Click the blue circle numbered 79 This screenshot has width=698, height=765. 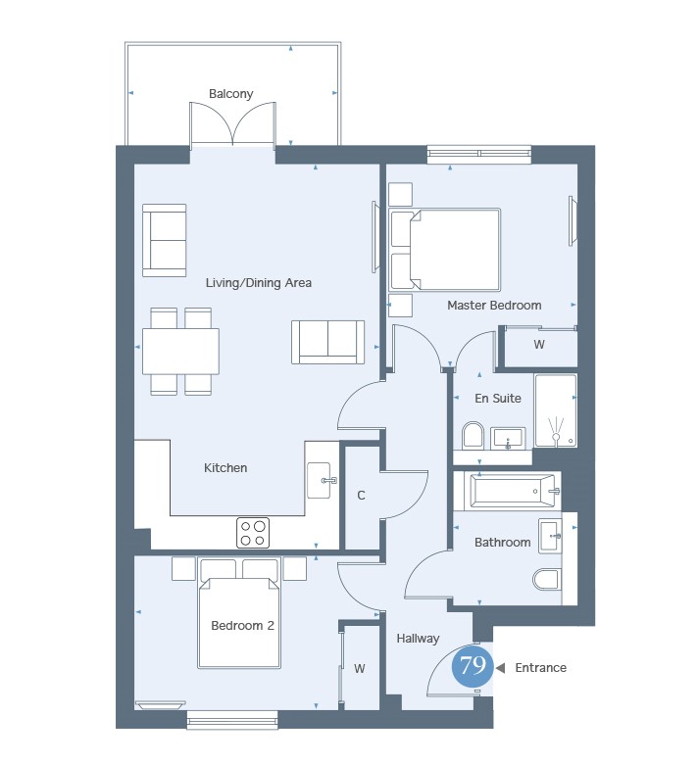[x=473, y=665]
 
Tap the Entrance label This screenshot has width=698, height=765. [x=540, y=667]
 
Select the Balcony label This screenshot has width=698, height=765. [x=230, y=94]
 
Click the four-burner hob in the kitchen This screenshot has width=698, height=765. [x=253, y=532]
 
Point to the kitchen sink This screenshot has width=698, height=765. [x=320, y=480]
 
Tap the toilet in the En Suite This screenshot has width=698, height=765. [x=473, y=434]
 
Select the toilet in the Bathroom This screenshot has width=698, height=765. [x=546, y=580]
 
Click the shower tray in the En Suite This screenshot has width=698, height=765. [x=556, y=410]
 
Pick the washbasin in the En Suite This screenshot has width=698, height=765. [x=508, y=438]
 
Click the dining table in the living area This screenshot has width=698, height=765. [x=180, y=352]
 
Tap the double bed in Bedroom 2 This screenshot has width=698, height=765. [x=239, y=621]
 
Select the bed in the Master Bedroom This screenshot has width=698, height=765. [x=445, y=250]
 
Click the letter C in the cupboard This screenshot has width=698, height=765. [x=361, y=496]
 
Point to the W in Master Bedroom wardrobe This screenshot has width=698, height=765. [x=539, y=345]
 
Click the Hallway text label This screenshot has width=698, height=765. [x=418, y=639]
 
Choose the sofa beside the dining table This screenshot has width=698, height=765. [x=327, y=342]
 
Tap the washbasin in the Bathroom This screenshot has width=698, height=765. [x=550, y=536]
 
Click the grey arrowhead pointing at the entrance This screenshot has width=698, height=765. [x=500, y=667]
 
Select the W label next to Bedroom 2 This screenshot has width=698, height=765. [x=360, y=668]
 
